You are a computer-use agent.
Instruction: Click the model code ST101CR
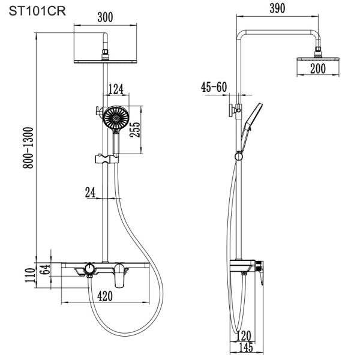pyautogui.click(x=37, y=11)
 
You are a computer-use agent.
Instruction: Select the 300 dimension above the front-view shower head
pyautogui.click(x=106, y=17)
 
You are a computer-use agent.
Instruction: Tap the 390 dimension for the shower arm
pyautogui.click(x=277, y=8)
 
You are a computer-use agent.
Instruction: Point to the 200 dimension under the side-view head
pyautogui.click(x=318, y=68)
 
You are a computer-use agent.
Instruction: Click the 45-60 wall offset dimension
pyautogui.click(x=214, y=87)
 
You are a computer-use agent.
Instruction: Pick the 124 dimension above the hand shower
pyautogui.click(x=116, y=89)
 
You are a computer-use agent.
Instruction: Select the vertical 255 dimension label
pyautogui.click(x=135, y=130)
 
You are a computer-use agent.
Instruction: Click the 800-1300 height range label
pyautogui.click(x=28, y=148)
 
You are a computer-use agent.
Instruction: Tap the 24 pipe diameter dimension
pyautogui.click(x=90, y=193)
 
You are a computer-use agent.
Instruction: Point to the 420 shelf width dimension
pyautogui.click(x=105, y=296)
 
